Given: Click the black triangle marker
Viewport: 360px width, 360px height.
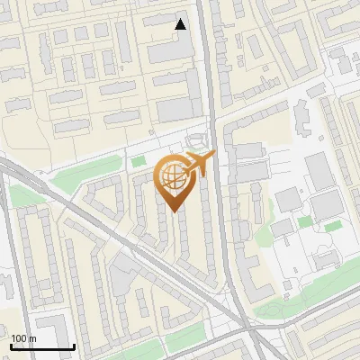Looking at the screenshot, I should [181, 24].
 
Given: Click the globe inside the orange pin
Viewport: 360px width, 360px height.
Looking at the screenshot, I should [173, 175].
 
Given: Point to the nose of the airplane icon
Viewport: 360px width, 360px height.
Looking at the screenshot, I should [214, 157].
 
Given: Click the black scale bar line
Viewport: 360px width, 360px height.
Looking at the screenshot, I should [42, 346].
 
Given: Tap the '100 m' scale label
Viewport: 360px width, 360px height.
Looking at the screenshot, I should [23, 338].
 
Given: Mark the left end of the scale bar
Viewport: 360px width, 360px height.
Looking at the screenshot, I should [11, 346].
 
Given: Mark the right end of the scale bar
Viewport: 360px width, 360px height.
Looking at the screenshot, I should [74, 346].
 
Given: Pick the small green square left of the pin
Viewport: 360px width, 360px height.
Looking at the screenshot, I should [138, 162].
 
